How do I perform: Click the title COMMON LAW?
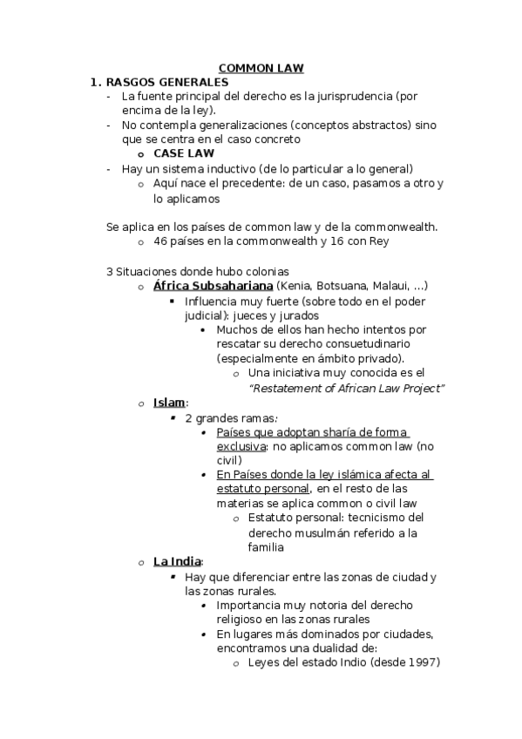pos(261,68)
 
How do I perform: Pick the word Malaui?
pos(388,286)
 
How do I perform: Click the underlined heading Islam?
pos(169,403)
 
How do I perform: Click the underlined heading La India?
pos(177,562)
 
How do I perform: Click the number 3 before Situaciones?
pos(109,271)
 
